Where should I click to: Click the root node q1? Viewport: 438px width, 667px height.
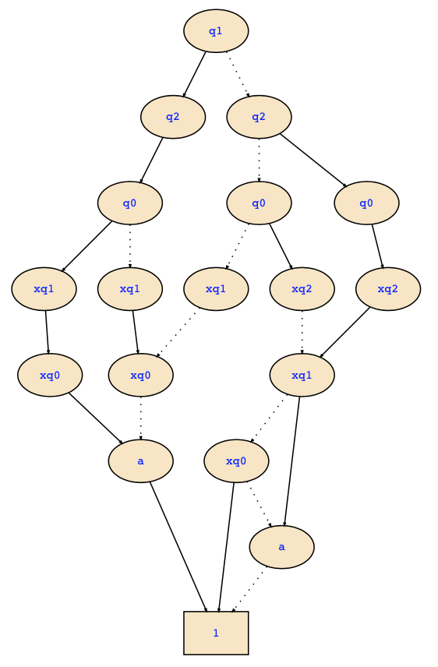coord(216,31)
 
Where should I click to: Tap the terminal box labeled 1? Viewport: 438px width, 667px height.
coord(216,633)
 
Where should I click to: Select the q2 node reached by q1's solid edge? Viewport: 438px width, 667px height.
coord(173,117)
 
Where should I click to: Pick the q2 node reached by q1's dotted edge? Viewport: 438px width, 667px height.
coord(259,117)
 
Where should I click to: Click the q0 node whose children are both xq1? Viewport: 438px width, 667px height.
coord(130,203)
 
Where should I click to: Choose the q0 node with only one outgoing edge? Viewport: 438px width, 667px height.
coord(366,203)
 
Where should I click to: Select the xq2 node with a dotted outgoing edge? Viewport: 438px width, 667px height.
coord(302,289)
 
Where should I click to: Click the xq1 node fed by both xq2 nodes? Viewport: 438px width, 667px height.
coord(302,375)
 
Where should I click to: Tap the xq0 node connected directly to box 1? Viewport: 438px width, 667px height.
coord(236,461)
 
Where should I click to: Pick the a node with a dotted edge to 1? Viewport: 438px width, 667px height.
coord(281,547)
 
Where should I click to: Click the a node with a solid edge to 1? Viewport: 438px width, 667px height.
coord(140,461)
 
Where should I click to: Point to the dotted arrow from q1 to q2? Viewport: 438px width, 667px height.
coord(238,75)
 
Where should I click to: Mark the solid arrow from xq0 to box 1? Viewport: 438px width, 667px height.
coord(226,547)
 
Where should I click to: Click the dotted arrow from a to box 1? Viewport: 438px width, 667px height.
coord(249,589)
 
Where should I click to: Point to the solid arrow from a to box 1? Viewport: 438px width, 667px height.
coord(178,547)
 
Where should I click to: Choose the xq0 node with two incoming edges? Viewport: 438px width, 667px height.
coord(140,375)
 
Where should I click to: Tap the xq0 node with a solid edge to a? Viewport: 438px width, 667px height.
coord(50,375)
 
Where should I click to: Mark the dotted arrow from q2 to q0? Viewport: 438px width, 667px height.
coord(259,161)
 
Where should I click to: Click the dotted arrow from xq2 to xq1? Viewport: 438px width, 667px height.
coord(302,332)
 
